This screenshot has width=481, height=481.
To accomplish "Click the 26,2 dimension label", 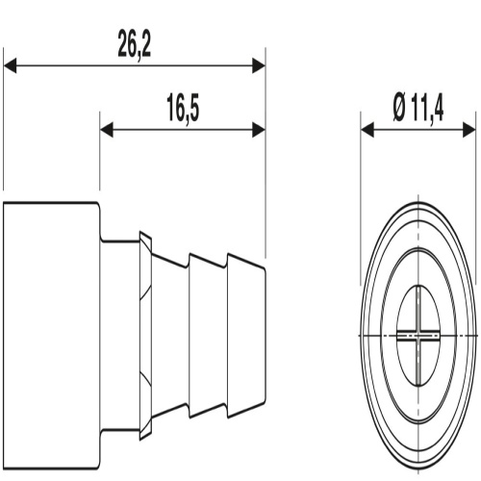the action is coord(134,44).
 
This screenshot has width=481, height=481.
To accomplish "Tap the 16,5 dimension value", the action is coord(183,109).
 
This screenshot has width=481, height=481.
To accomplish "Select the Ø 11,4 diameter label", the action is coord(418,109).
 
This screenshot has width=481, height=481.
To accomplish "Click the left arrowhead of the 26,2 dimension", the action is coord(10,65).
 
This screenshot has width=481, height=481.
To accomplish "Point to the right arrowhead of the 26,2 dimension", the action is coord(259,65).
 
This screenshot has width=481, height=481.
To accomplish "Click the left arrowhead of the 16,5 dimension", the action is coord(107,130).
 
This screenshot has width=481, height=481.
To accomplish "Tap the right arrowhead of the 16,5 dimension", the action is coord(259,130).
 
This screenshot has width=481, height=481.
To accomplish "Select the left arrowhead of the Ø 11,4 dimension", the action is coord(367,130).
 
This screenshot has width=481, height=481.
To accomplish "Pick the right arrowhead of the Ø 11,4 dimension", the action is coord(469,130).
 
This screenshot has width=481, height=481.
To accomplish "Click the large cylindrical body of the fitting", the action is coord(51,336).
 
